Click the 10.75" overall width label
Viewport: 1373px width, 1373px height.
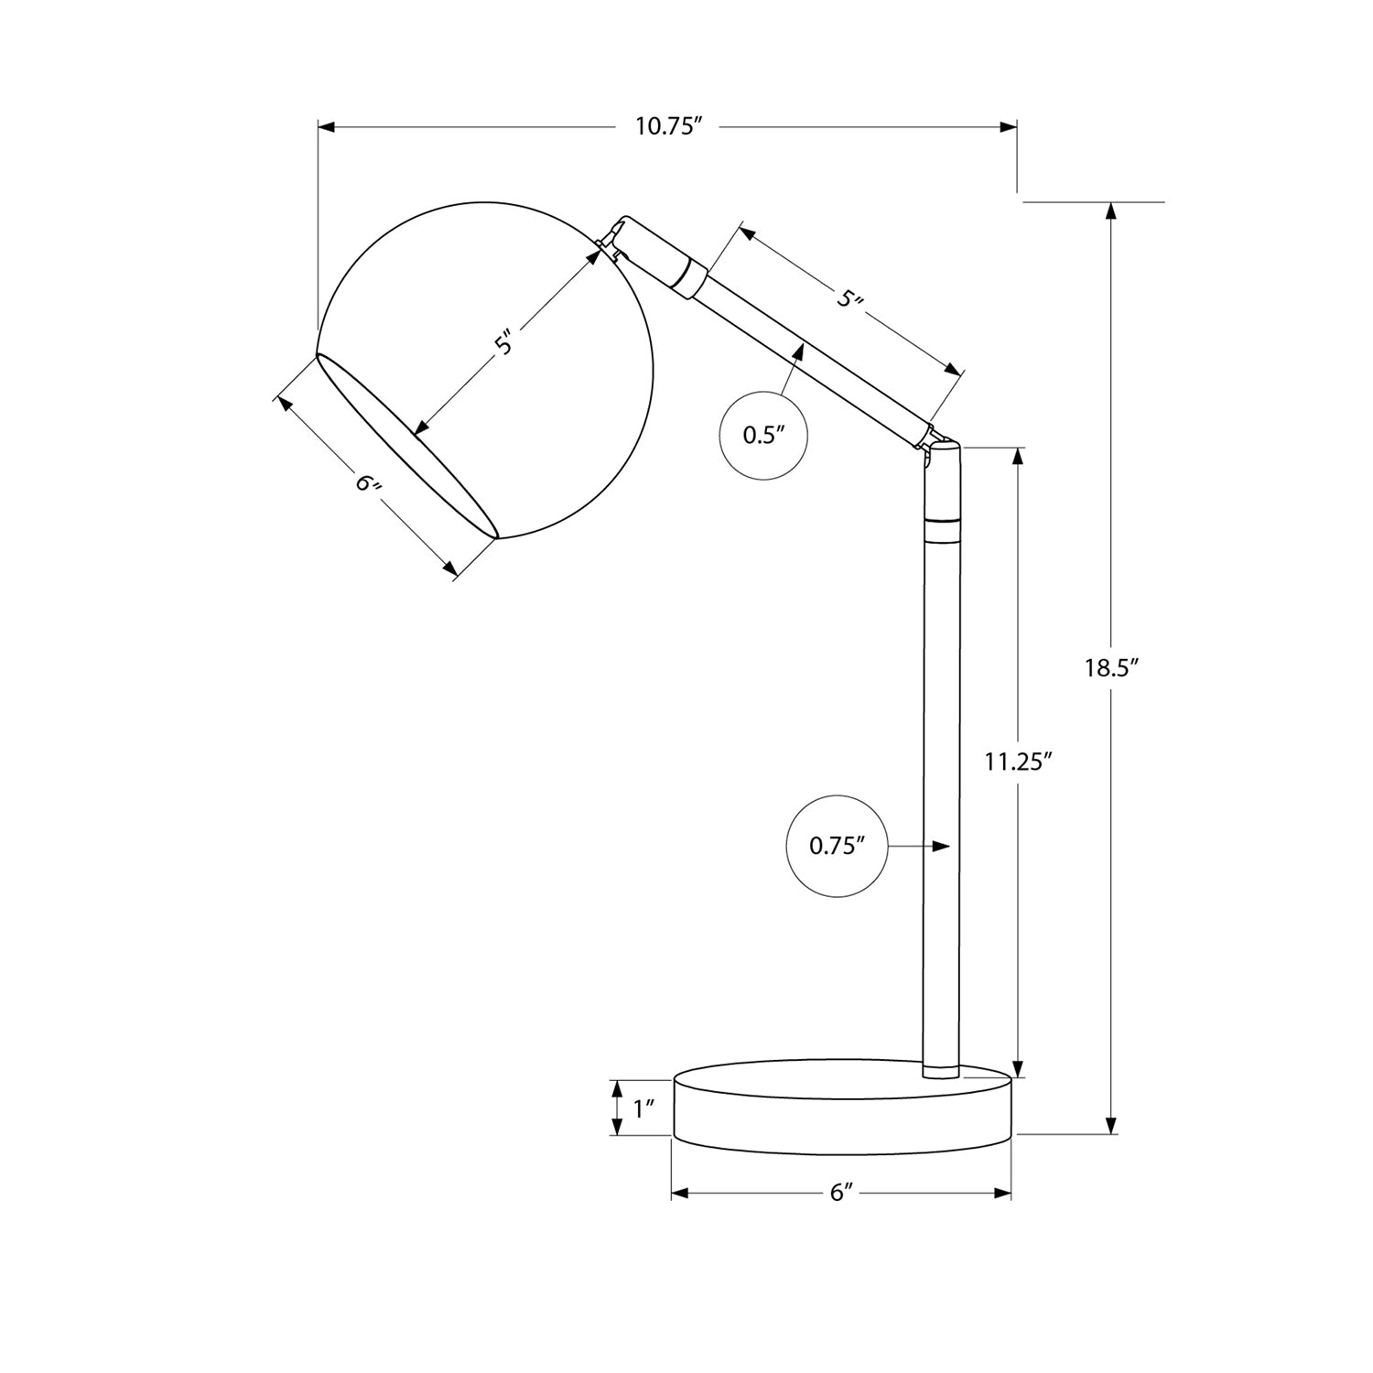(x=668, y=127)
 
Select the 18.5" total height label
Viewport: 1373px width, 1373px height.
(x=1110, y=668)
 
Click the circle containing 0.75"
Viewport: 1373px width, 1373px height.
(x=838, y=847)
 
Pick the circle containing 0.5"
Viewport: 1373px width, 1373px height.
(x=764, y=435)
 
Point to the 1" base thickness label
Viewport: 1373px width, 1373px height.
(x=644, y=1109)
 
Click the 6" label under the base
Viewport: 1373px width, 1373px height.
(x=841, y=1194)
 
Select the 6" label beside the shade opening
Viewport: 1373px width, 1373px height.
(x=369, y=482)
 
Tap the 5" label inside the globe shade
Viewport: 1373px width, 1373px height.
(x=506, y=342)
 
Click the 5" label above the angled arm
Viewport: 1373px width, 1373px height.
(x=851, y=299)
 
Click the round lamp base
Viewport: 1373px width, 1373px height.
(x=842, y=1108)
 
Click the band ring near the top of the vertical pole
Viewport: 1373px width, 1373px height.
(x=942, y=529)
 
